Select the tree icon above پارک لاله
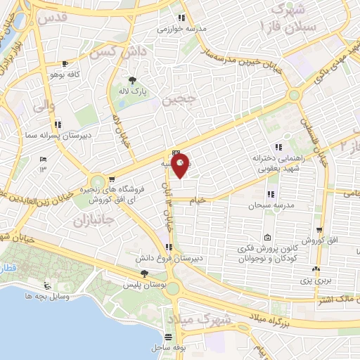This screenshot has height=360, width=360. click(x=132, y=79)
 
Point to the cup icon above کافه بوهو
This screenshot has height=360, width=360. click(x=65, y=62)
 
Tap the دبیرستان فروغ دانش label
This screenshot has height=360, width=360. click(x=159, y=259)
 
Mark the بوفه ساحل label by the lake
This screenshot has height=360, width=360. click(x=167, y=347)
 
